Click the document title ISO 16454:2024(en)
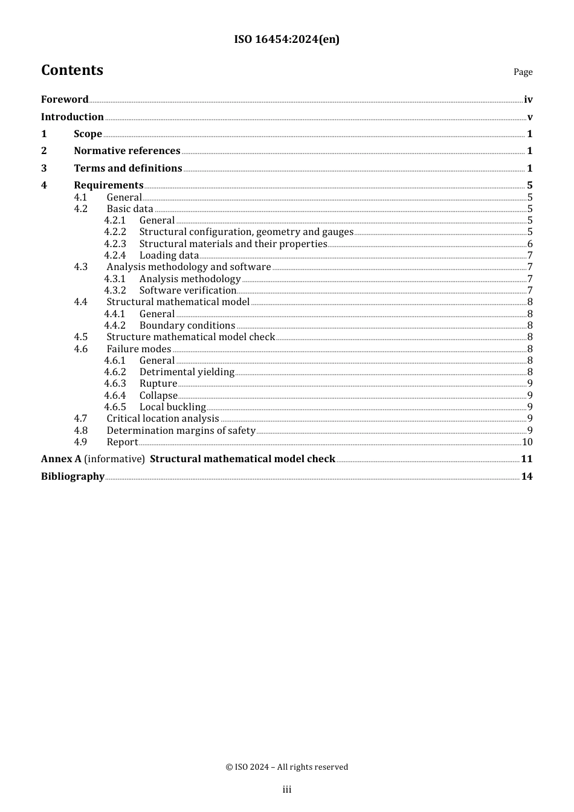286,39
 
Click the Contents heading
72,70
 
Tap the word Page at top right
523,72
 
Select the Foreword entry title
65,99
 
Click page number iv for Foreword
528,100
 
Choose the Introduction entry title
72,117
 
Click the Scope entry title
88,134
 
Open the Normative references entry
127,150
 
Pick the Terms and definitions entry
127,168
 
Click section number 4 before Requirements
44,185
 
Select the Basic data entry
130,209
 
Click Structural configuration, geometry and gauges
246,232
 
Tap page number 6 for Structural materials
530,244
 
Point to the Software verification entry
187,291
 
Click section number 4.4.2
115,326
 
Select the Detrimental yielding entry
187,372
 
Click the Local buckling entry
172,407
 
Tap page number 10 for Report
527,442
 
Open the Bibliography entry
73,476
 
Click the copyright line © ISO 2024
286,767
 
